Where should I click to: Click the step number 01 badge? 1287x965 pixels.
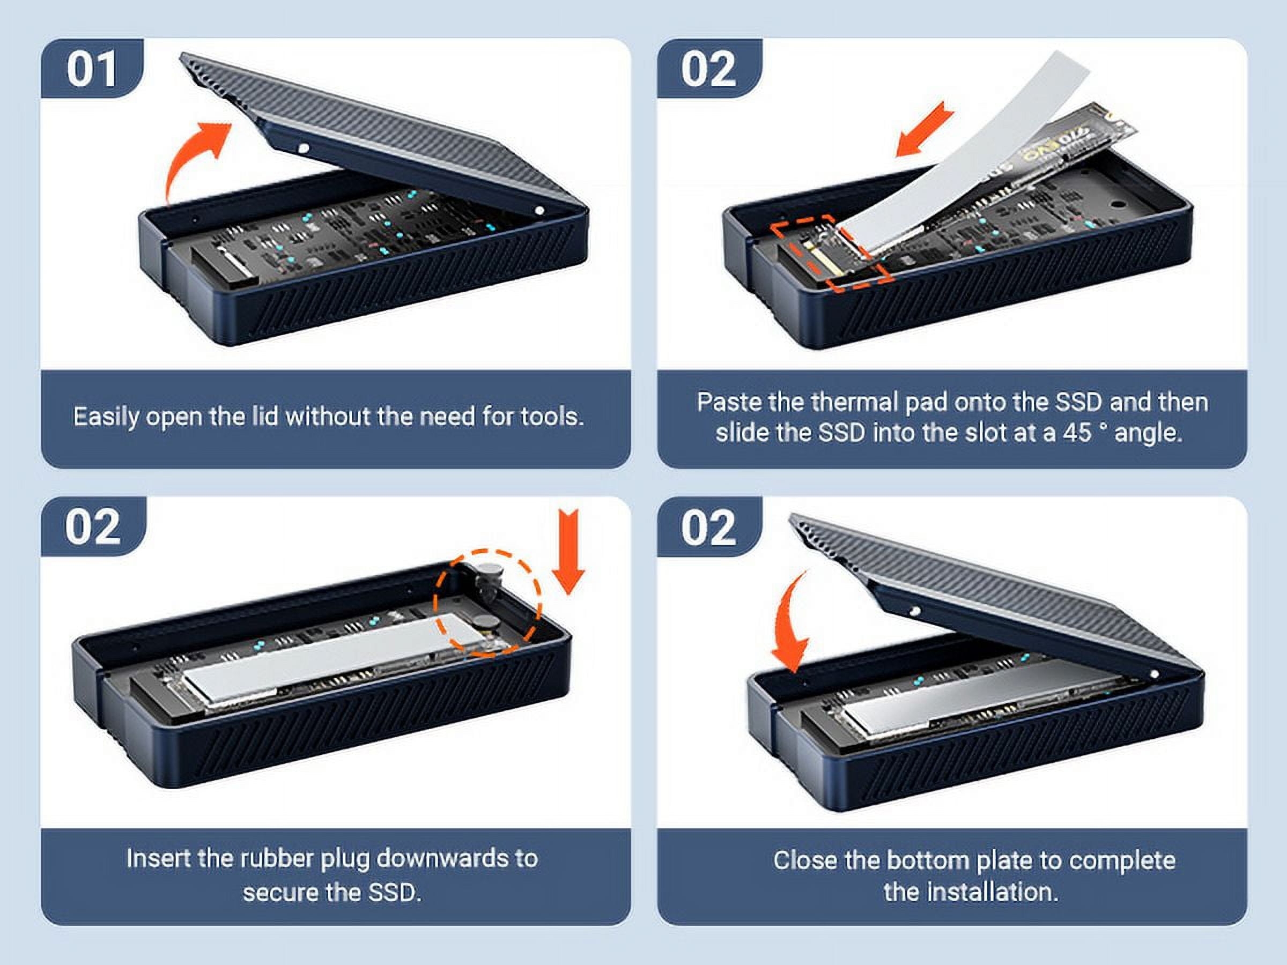tap(92, 69)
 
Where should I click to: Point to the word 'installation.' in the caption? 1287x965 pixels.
tap(971, 892)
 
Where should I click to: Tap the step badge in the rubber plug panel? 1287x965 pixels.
tap(93, 526)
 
